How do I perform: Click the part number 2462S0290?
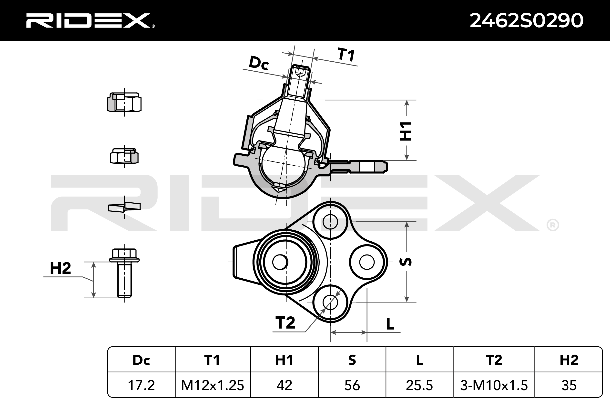tap(526, 20)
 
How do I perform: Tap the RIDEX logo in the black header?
tap(90, 20)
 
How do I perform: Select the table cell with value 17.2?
tap(141, 385)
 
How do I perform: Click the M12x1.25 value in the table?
tap(213, 385)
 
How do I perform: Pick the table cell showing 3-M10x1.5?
tap(494, 385)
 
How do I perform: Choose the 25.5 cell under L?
tap(419, 385)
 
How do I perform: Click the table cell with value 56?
tap(352, 385)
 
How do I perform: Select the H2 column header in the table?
tap(569, 360)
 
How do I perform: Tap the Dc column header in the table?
tap(141, 360)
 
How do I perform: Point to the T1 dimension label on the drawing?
tap(346, 55)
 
